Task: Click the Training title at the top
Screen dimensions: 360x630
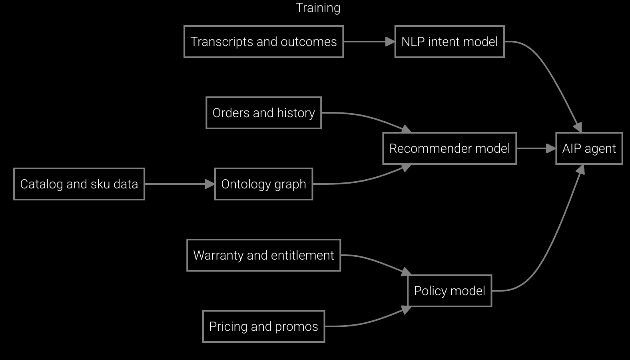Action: (x=318, y=8)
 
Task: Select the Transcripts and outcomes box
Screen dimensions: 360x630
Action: (x=263, y=42)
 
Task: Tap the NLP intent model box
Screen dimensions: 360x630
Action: (x=449, y=42)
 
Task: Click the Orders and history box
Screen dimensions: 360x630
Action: (x=263, y=113)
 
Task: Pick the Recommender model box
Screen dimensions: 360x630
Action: (x=449, y=148)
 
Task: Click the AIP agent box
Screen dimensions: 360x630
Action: (x=589, y=148)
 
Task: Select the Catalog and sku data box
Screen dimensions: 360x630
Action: (x=79, y=184)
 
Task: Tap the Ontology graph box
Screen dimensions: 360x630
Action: (x=263, y=184)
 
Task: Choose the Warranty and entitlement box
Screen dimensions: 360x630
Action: (x=263, y=255)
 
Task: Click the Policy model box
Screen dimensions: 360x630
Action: (x=449, y=291)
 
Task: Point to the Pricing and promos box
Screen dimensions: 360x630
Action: (x=263, y=326)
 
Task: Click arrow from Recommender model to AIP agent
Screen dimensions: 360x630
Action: (x=536, y=148)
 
